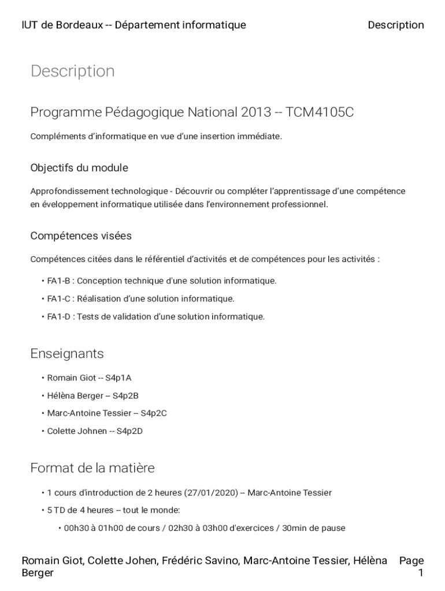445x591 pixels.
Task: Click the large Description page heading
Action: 72,71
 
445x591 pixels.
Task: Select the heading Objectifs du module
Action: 79,168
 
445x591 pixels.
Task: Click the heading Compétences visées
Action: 81,236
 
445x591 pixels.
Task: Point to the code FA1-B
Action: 58,281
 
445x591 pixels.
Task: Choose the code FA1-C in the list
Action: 58,299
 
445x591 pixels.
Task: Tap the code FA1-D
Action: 58,317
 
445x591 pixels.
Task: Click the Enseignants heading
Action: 67,353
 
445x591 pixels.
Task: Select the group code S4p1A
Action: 118,378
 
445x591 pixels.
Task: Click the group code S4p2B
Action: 125,396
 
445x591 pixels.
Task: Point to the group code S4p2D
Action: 129,431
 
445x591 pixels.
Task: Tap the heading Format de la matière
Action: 92,467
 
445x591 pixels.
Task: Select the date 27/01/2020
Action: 212,493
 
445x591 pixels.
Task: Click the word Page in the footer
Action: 411,560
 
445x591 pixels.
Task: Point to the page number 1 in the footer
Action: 421,573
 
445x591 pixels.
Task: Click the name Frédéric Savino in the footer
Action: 200,560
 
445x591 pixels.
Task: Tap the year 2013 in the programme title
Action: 256,112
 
